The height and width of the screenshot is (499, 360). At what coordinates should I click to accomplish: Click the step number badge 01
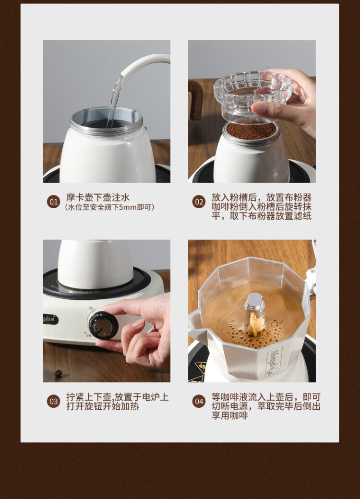tap(53, 202)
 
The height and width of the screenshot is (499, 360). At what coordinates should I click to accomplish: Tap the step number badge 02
tap(199, 202)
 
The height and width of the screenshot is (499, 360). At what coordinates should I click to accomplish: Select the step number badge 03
tap(53, 401)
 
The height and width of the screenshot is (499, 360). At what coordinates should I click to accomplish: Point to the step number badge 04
tap(199, 401)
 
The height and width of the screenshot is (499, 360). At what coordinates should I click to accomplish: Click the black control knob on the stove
tap(103, 325)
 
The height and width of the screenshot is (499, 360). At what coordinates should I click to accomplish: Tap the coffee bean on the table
tap(58, 373)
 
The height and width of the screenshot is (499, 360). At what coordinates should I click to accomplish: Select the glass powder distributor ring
tap(252, 95)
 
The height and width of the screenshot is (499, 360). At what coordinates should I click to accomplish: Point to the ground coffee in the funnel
tap(252, 131)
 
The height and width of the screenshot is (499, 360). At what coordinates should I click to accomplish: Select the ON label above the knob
tap(91, 309)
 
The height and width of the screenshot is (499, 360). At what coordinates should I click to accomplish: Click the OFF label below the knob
tap(89, 335)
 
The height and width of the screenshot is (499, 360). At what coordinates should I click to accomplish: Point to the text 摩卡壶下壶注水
tap(98, 197)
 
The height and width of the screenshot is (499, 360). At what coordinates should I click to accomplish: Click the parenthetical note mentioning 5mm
tap(110, 207)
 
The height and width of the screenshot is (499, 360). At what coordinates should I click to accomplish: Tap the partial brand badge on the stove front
tap(50, 319)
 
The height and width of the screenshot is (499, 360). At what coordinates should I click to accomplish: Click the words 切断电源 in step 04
tap(229, 406)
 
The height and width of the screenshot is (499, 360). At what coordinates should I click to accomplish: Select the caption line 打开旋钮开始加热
tap(103, 406)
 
